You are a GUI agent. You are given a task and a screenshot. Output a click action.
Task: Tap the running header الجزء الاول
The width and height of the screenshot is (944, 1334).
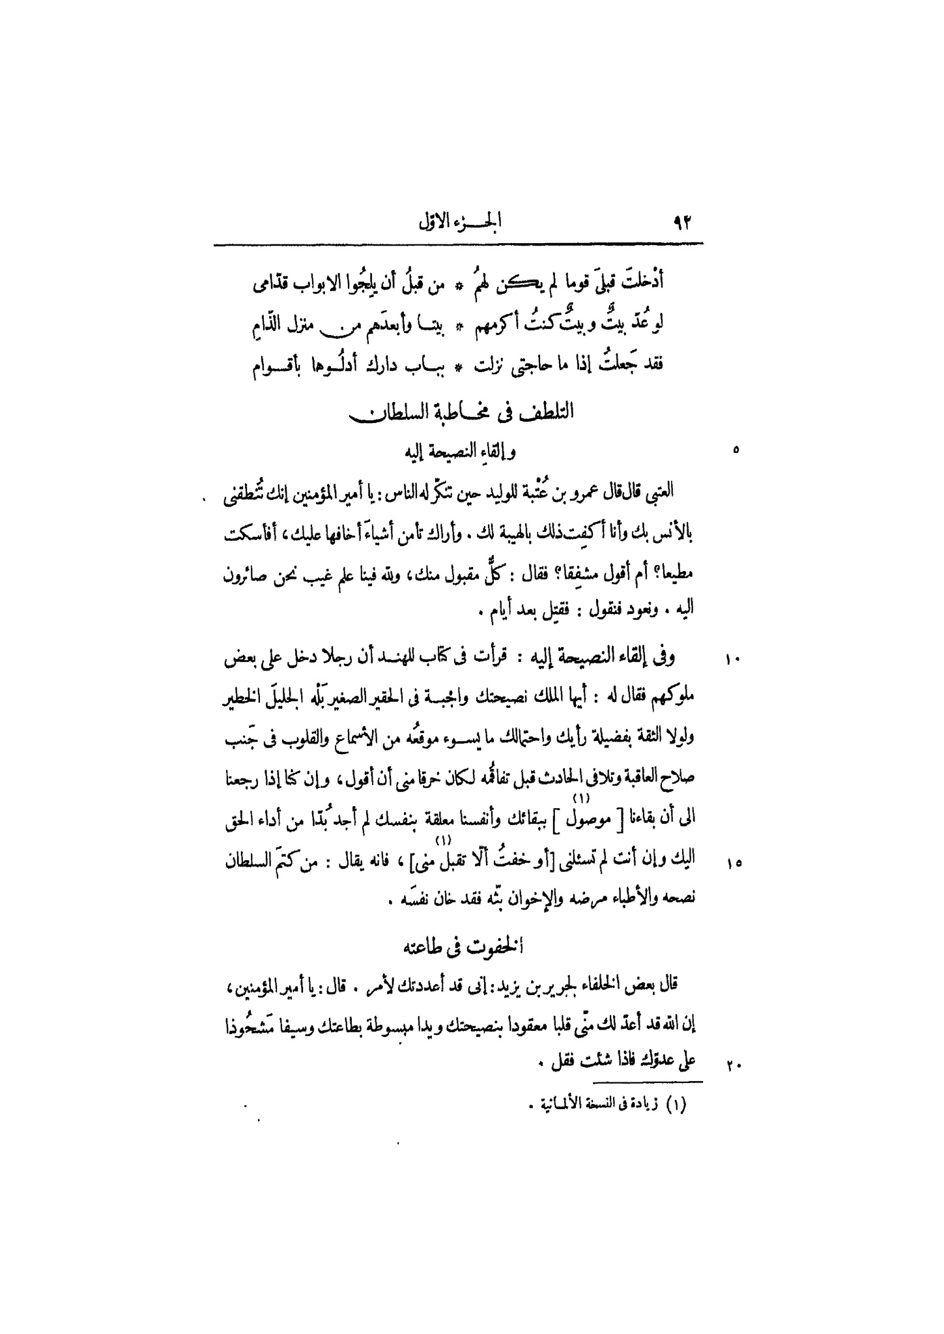[x=463, y=224]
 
